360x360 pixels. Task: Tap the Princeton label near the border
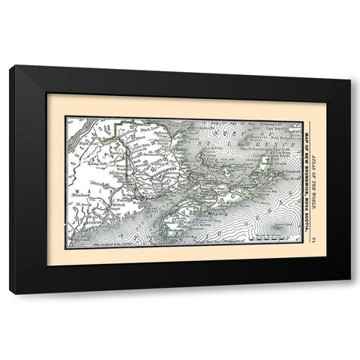click(121, 200)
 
